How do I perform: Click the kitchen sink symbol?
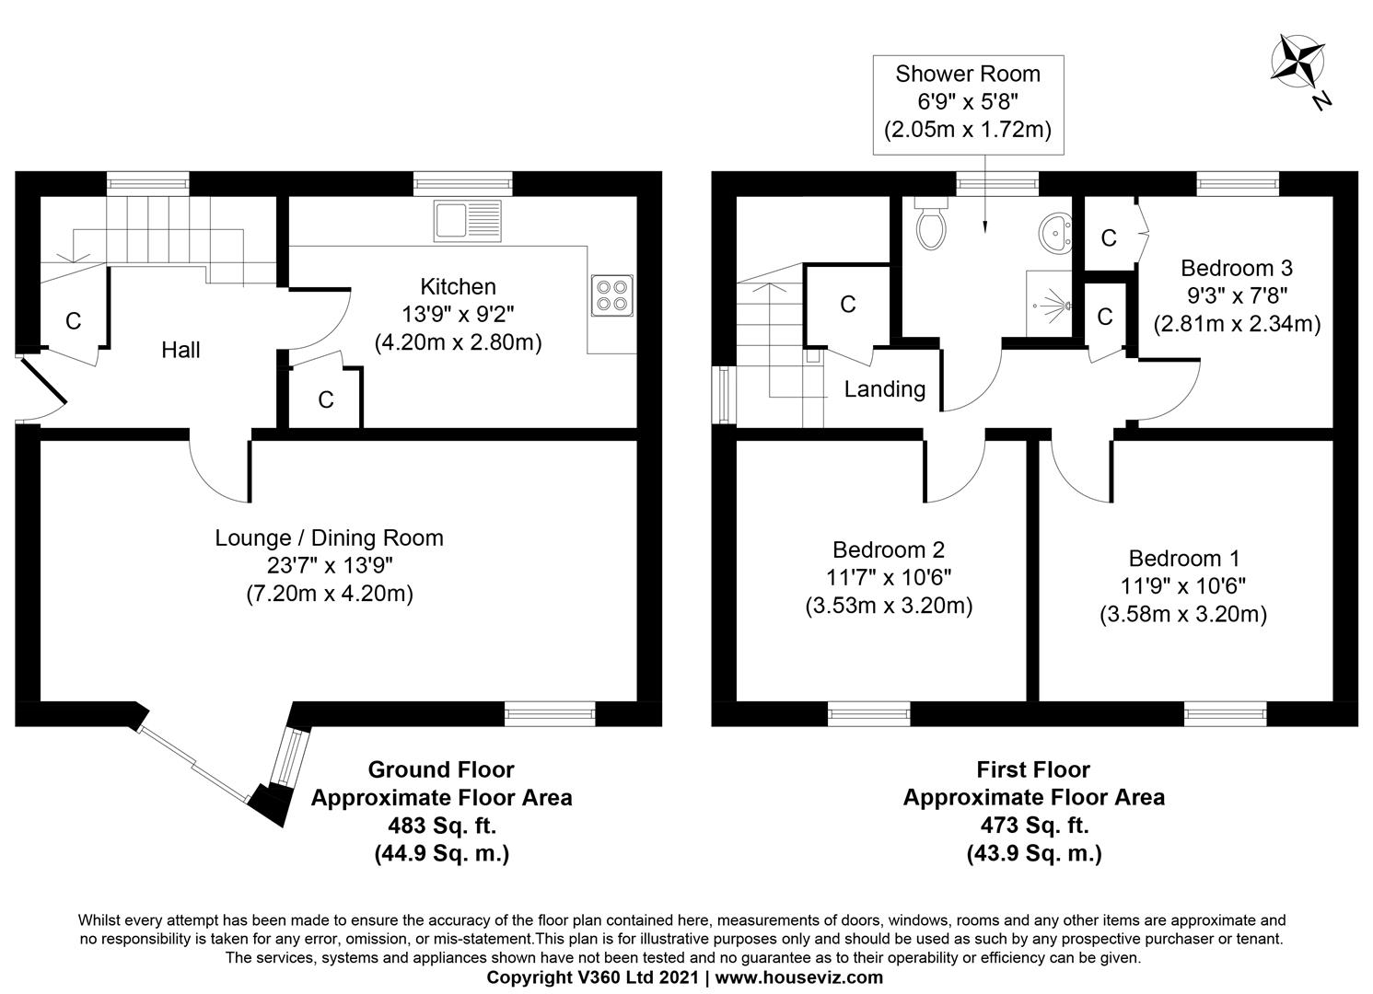tap(469, 221)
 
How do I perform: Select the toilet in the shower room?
tap(931, 225)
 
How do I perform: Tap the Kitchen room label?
tap(458, 286)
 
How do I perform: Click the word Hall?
tap(180, 350)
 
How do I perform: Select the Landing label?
tap(885, 389)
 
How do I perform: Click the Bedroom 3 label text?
tap(1237, 268)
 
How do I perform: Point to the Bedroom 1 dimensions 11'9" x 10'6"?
tap(1183, 586)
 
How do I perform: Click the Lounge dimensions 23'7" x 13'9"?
tap(330, 565)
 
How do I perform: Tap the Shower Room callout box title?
tap(968, 74)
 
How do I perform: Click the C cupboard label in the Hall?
tap(73, 321)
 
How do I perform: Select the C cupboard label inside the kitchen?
tap(325, 400)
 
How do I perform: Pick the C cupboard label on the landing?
tap(848, 305)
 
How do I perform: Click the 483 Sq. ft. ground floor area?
tap(441, 826)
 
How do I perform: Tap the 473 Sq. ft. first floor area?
tap(1033, 826)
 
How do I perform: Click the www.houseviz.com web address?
tap(799, 977)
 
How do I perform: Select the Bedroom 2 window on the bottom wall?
tap(869, 712)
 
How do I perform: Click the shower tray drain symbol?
tap(1065, 305)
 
